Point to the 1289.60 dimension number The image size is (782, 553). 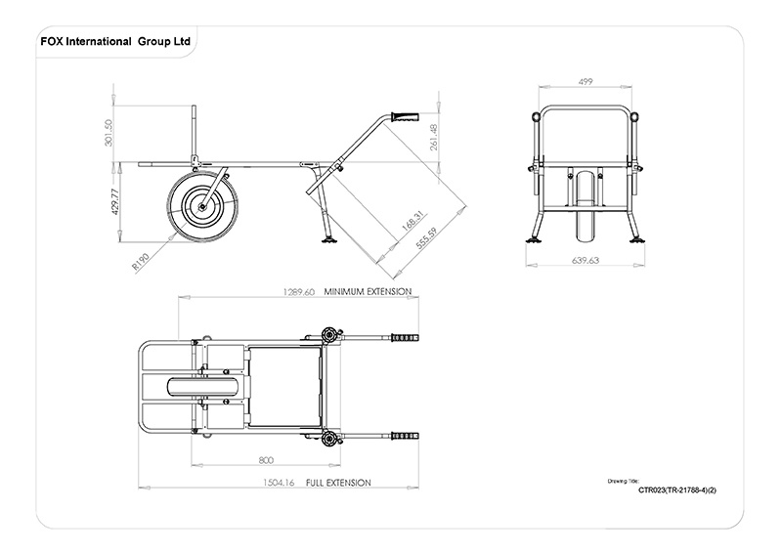[x=298, y=292]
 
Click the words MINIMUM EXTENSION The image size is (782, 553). [x=369, y=292]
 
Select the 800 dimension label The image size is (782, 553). [x=265, y=459]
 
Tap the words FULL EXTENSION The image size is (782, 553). [x=338, y=483]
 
